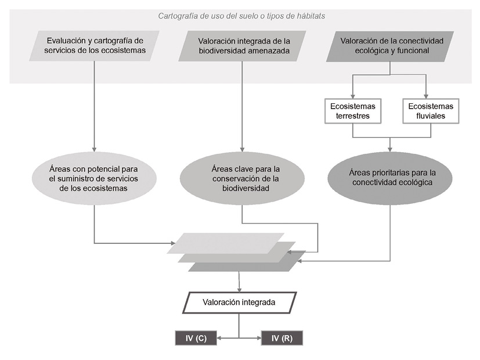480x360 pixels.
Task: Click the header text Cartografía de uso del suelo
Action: point(241,16)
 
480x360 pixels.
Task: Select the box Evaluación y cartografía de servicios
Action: point(94,46)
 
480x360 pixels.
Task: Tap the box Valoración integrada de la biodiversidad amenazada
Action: point(243,46)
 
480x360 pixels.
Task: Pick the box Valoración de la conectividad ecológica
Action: point(390,46)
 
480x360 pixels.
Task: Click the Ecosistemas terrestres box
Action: point(353,111)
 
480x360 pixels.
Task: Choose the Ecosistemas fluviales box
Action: point(431,111)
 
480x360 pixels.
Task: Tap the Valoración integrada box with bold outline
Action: point(239,303)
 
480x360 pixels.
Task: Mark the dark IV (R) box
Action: point(282,338)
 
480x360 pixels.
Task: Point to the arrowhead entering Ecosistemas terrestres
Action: point(353,96)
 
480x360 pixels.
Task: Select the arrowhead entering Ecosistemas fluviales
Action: point(427,96)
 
